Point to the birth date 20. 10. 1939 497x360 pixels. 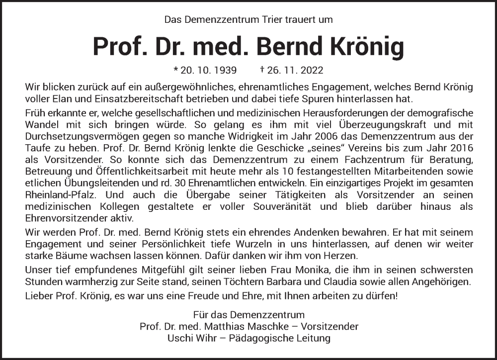tap(209, 70)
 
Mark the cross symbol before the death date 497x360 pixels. tap(261, 70)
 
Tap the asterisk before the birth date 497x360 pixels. tap(175, 70)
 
